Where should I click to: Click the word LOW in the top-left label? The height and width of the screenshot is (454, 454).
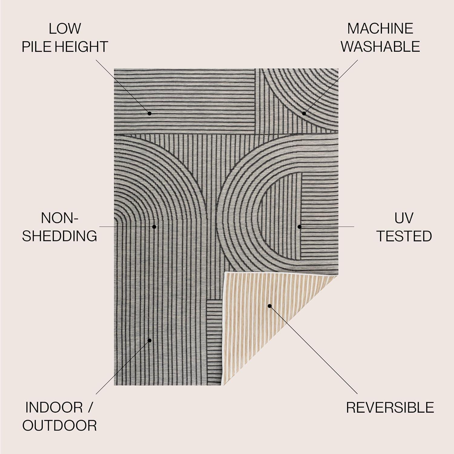point(65,29)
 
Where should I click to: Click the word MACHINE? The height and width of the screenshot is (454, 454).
point(380,29)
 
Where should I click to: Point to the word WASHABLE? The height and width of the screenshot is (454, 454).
point(380,47)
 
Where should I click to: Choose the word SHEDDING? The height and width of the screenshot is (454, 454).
point(59,236)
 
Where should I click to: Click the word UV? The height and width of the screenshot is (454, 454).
point(404,218)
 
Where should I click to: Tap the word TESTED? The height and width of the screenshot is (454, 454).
point(404,236)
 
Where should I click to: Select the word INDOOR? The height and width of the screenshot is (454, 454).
point(54,407)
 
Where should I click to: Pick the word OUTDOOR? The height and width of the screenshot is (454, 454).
point(59,426)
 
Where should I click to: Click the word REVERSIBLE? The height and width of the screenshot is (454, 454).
point(390,407)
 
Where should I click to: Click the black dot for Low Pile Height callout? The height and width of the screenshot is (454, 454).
point(150,113)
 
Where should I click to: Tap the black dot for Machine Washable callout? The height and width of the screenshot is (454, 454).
point(304,113)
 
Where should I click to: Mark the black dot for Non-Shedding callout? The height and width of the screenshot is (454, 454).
point(154,226)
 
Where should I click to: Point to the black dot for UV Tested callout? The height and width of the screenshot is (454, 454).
point(299,226)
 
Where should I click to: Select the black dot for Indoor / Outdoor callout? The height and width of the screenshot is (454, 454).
point(150,340)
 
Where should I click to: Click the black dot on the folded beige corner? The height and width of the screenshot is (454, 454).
point(269,306)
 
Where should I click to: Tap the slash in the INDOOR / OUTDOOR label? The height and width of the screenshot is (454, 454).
point(90,407)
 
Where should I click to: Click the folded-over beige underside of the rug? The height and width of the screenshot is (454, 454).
point(260,327)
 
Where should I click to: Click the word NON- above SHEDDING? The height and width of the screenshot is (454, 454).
point(59,218)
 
